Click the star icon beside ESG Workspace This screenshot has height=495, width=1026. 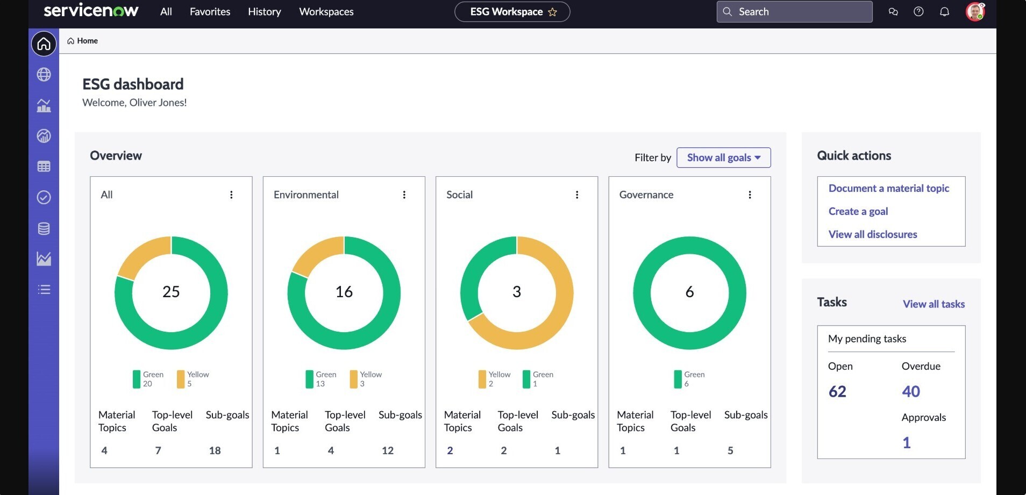click(552, 12)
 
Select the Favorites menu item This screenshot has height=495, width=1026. click(210, 12)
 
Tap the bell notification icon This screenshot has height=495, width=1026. click(944, 12)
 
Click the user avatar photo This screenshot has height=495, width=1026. click(975, 12)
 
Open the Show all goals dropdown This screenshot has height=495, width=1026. click(723, 157)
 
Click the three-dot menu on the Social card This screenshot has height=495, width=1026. click(577, 195)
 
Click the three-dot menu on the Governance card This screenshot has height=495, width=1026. click(750, 195)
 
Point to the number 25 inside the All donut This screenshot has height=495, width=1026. click(171, 292)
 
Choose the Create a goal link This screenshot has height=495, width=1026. click(858, 211)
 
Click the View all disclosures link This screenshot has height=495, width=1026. click(872, 234)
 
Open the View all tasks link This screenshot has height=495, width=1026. click(934, 304)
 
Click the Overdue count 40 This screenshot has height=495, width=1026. click(911, 391)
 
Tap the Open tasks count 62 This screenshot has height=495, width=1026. click(837, 391)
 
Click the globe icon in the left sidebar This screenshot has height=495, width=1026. click(44, 75)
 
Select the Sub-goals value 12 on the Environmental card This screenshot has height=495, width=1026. click(388, 450)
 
